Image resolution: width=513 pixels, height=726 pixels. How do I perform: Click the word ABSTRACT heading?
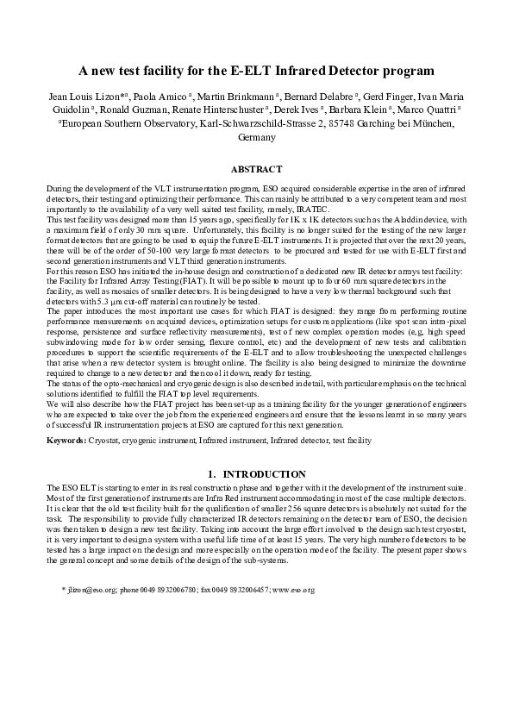[257, 171]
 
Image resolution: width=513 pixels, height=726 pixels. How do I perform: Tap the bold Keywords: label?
[66, 440]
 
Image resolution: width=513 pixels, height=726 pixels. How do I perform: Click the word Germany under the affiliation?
[256, 137]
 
